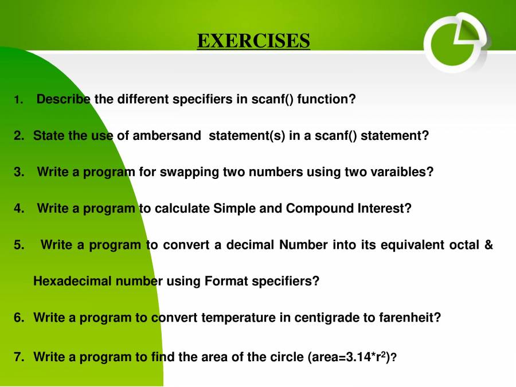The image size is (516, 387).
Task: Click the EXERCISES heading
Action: click(253, 41)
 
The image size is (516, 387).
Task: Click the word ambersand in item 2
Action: click(167, 136)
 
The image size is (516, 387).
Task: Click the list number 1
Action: click(18, 100)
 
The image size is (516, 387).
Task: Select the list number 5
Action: click(19, 245)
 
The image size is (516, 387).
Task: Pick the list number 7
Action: click(19, 357)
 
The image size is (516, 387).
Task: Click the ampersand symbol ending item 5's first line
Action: click(488, 245)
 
